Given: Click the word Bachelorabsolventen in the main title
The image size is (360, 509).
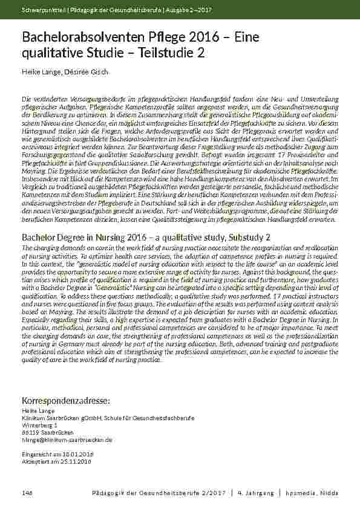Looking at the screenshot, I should point(82,39).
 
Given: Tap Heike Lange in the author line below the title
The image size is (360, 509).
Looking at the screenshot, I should point(41,73).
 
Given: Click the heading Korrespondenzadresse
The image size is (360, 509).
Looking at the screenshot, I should point(66,401).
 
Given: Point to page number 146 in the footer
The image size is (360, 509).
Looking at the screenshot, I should point(27,493).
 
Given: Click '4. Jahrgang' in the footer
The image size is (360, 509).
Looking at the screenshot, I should point(255,493).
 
